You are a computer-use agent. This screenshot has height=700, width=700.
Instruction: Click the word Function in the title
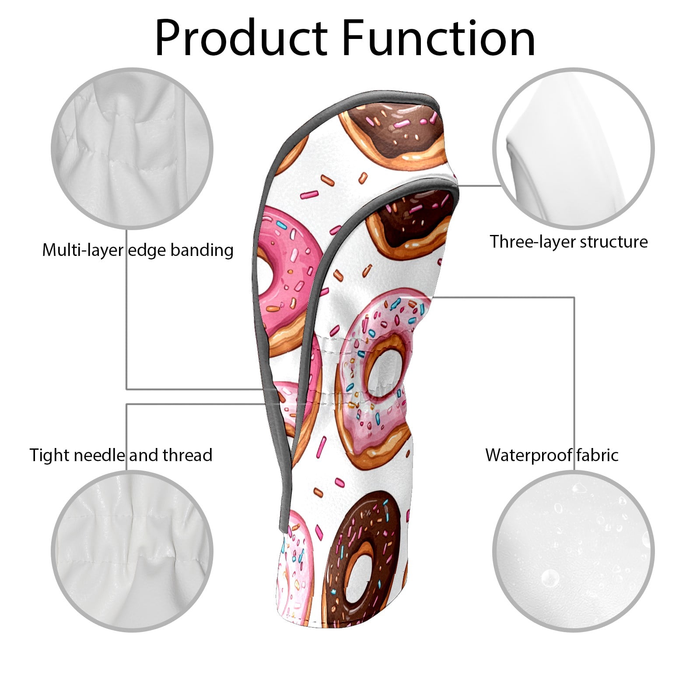(439, 38)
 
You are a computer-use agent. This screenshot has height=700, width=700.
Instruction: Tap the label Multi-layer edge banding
(138, 250)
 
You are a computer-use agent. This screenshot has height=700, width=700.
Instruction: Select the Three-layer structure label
(569, 241)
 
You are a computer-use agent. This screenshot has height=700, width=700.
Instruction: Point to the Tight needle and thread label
(121, 455)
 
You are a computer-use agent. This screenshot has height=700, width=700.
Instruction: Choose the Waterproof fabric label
(552, 455)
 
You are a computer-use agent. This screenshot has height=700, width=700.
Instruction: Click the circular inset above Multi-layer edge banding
(132, 148)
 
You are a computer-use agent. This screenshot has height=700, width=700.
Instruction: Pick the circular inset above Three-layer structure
(574, 148)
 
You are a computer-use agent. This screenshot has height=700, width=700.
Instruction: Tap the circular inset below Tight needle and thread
(132, 551)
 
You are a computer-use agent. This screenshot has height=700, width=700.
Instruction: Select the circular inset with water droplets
(574, 551)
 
